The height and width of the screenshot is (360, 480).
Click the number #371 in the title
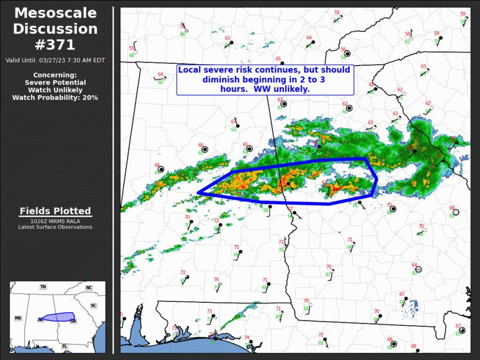(x=56, y=45)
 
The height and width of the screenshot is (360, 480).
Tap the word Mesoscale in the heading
(x=56, y=13)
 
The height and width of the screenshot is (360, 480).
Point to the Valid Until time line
(x=55, y=60)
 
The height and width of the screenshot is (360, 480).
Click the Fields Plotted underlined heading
(x=55, y=211)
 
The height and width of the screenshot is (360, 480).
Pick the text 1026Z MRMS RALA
(x=55, y=221)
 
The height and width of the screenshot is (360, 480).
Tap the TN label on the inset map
(x=43, y=287)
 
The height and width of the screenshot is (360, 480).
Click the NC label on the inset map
(x=89, y=288)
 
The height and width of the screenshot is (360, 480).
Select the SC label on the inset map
(x=93, y=306)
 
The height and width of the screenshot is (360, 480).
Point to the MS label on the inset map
(x=18, y=318)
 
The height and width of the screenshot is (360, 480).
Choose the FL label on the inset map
(x=64, y=346)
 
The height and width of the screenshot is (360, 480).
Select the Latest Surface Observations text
(x=55, y=227)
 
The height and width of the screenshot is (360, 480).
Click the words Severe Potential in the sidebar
(x=55, y=82)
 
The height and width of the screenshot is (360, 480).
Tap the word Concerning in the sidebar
(x=55, y=75)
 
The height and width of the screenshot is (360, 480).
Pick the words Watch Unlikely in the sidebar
(x=55, y=90)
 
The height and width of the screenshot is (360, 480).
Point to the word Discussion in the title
(x=56, y=29)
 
